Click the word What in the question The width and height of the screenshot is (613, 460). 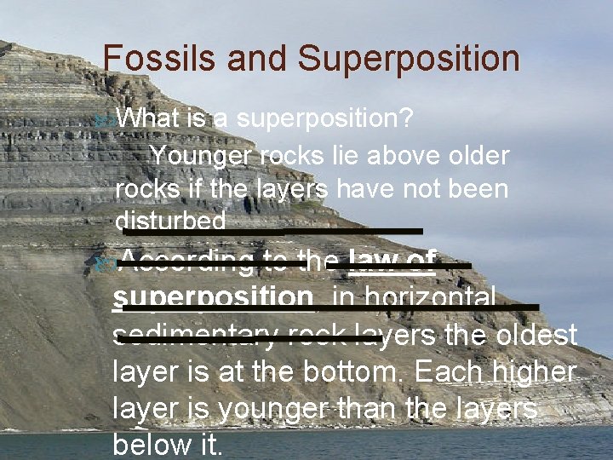click(x=150, y=119)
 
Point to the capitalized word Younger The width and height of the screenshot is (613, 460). click(x=203, y=157)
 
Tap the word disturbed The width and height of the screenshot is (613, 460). click(x=170, y=221)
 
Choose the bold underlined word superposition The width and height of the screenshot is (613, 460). click(x=213, y=297)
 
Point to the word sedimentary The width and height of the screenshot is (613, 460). click(x=195, y=335)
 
